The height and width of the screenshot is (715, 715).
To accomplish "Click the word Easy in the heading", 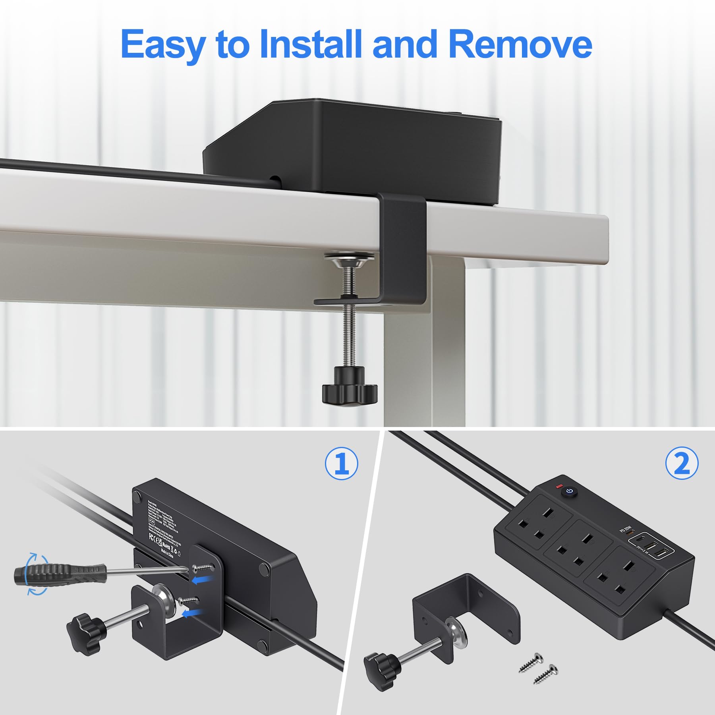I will pos(163,44).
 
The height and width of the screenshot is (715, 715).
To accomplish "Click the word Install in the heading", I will pos(311,44).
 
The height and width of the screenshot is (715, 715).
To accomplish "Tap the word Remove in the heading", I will pos(520,44).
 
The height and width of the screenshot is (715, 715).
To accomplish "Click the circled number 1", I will pos(341,463).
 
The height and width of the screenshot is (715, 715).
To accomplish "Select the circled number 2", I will pos(682,463).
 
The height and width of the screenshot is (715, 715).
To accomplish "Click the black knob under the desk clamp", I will pos(349,386).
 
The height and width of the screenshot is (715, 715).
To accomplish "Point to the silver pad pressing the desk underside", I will pos(349,260).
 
